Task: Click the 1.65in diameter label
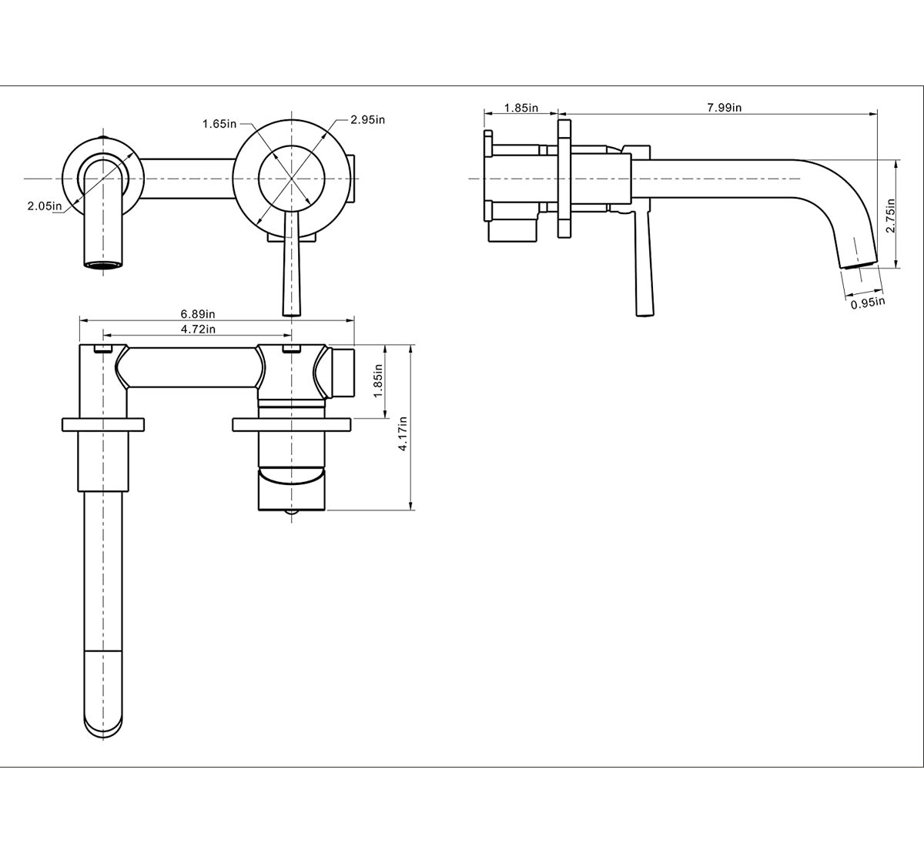[x=219, y=124]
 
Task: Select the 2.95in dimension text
[x=367, y=119]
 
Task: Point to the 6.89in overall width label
[x=198, y=314]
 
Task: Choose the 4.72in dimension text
[x=198, y=329]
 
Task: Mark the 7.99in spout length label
[x=724, y=108]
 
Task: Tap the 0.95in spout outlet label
[x=868, y=303]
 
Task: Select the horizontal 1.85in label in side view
[x=521, y=108]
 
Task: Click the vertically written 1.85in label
[x=377, y=382]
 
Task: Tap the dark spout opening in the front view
[x=102, y=266]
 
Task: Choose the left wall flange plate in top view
[x=102, y=423]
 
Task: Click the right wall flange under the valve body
[x=292, y=423]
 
